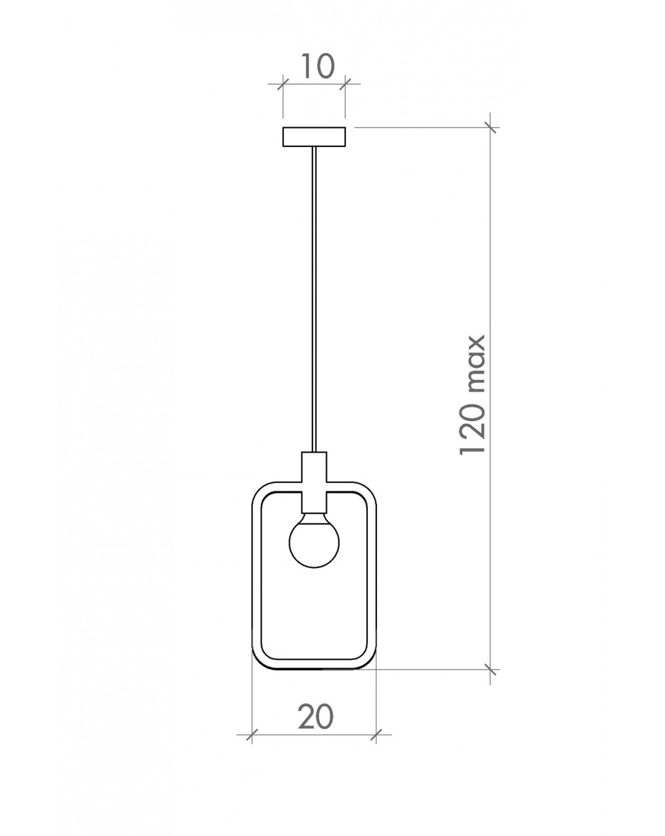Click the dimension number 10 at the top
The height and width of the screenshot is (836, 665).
tap(317, 67)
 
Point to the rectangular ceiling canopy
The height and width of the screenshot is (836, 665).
tap(314, 137)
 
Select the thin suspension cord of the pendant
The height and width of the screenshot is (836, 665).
tap(315, 299)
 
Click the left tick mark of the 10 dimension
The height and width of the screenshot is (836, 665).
tap(283, 84)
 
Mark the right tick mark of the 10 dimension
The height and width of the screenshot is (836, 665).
tap(345, 84)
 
